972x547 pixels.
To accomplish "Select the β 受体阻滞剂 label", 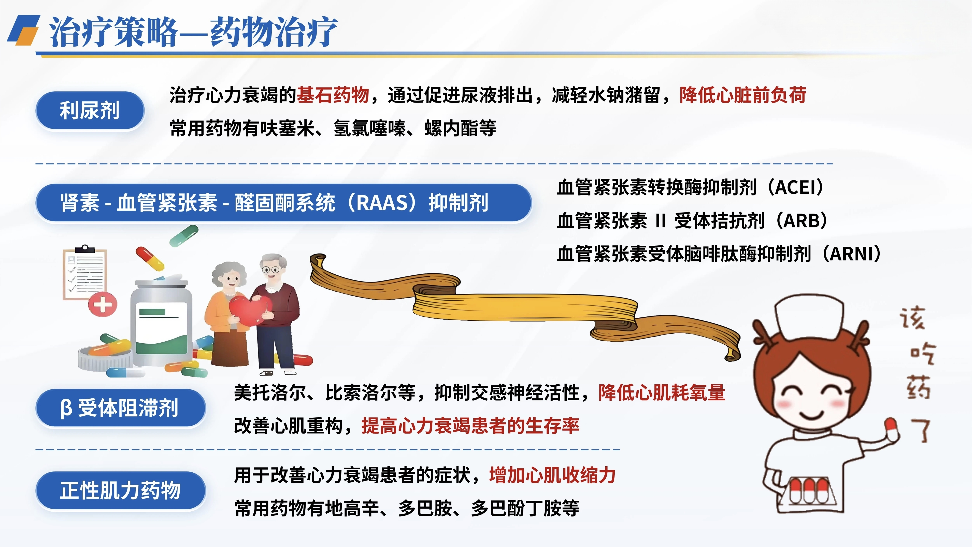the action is [x=120, y=408].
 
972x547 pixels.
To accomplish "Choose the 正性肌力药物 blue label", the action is [x=120, y=490].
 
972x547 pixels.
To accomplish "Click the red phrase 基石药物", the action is [x=333, y=95].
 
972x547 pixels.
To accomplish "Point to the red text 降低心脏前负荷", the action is [x=743, y=95].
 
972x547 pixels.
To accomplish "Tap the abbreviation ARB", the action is [x=803, y=221].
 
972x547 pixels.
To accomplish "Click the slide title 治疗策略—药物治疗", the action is [x=193, y=32].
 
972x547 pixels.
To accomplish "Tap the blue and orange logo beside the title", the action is [x=23, y=30].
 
